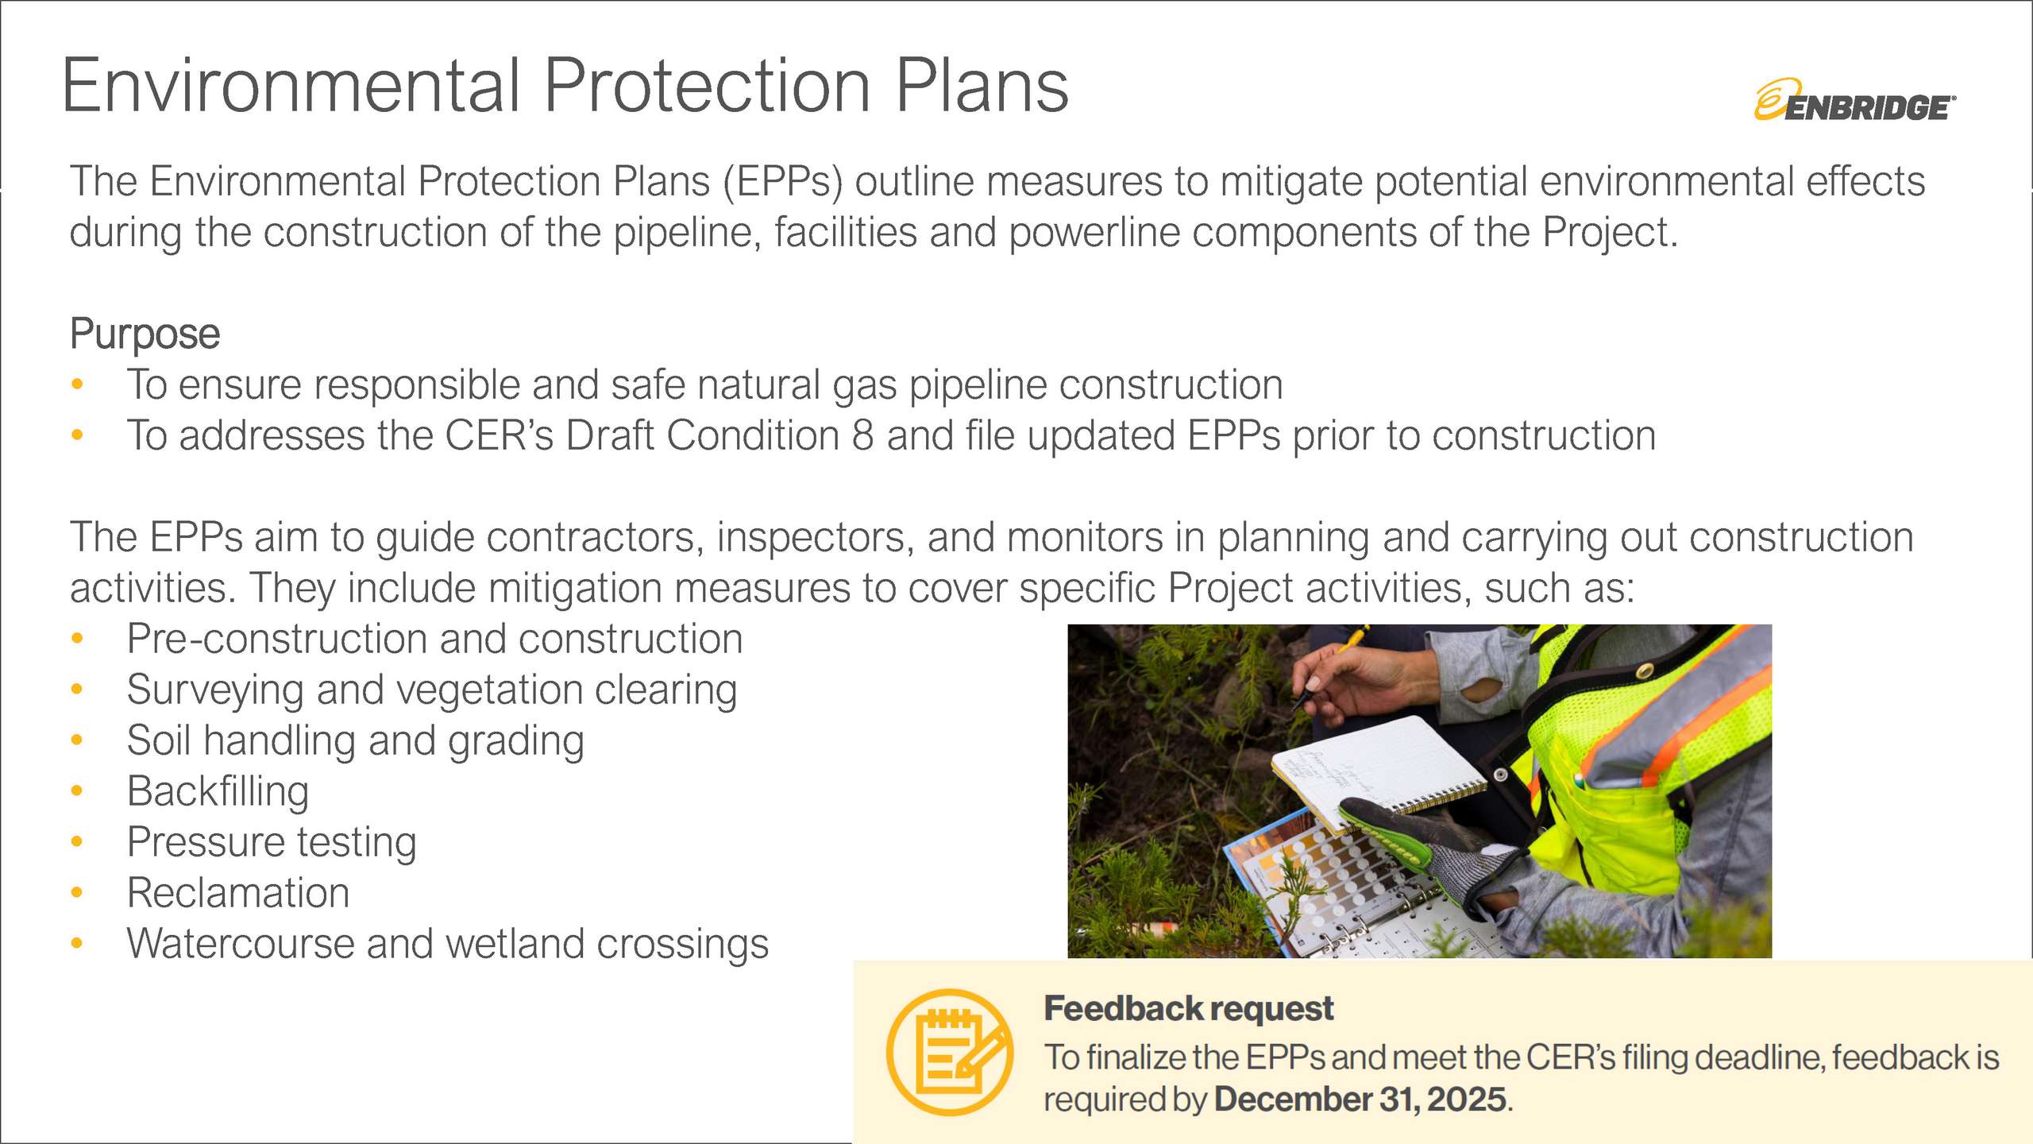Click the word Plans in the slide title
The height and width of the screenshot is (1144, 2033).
click(x=982, y=86)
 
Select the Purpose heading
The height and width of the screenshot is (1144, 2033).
click(x=145, y=334)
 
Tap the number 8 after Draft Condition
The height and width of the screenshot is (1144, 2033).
click(x=862, y=435)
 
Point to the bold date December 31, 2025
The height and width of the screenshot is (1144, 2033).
click(x=1360, y=1100)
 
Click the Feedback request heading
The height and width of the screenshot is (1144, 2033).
click(x=1188, y=1009)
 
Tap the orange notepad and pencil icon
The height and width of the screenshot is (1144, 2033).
click(x=950, y=1052)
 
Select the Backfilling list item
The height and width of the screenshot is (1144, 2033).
click(x=218, y=792)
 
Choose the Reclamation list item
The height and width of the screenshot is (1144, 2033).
click(x=238, y=893)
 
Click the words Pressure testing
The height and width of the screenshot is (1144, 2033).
click(x=272, y=843)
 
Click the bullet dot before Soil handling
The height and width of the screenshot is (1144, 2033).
click(x=77, y=740)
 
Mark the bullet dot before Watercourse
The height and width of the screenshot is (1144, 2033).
click(x=77, y=944)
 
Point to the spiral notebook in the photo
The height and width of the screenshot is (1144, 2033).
click(x=1378, y=771)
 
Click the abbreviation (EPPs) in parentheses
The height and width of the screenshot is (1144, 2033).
click(x=782, y=182)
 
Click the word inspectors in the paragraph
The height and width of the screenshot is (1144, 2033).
click(x=816, y=539)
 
